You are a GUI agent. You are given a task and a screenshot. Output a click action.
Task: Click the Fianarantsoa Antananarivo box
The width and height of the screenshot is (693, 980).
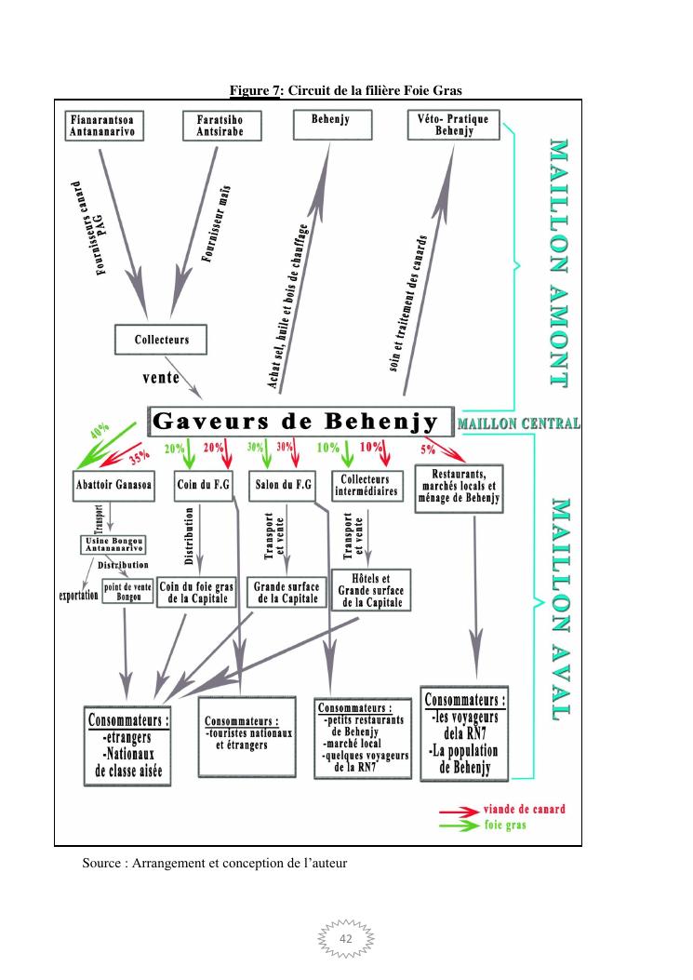tap(109, 128)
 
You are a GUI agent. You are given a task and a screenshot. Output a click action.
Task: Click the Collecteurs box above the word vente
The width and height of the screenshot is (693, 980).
tap(161, 340)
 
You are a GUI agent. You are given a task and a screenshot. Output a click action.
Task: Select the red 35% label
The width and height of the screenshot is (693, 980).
tap(140, 456)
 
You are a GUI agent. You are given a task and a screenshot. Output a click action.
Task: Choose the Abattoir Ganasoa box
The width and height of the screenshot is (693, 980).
tap(114, 484)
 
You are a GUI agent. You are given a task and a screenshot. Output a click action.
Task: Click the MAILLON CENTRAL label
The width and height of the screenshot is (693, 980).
tap(519, 424)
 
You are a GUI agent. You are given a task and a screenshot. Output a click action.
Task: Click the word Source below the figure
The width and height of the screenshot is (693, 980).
tap(102, 864)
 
